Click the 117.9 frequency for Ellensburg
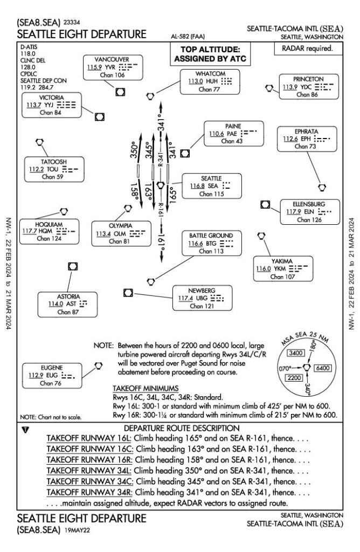point(294,212)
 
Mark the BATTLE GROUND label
point(211,236)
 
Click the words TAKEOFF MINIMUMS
point(142,388)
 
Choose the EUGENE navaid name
point(47,368)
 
